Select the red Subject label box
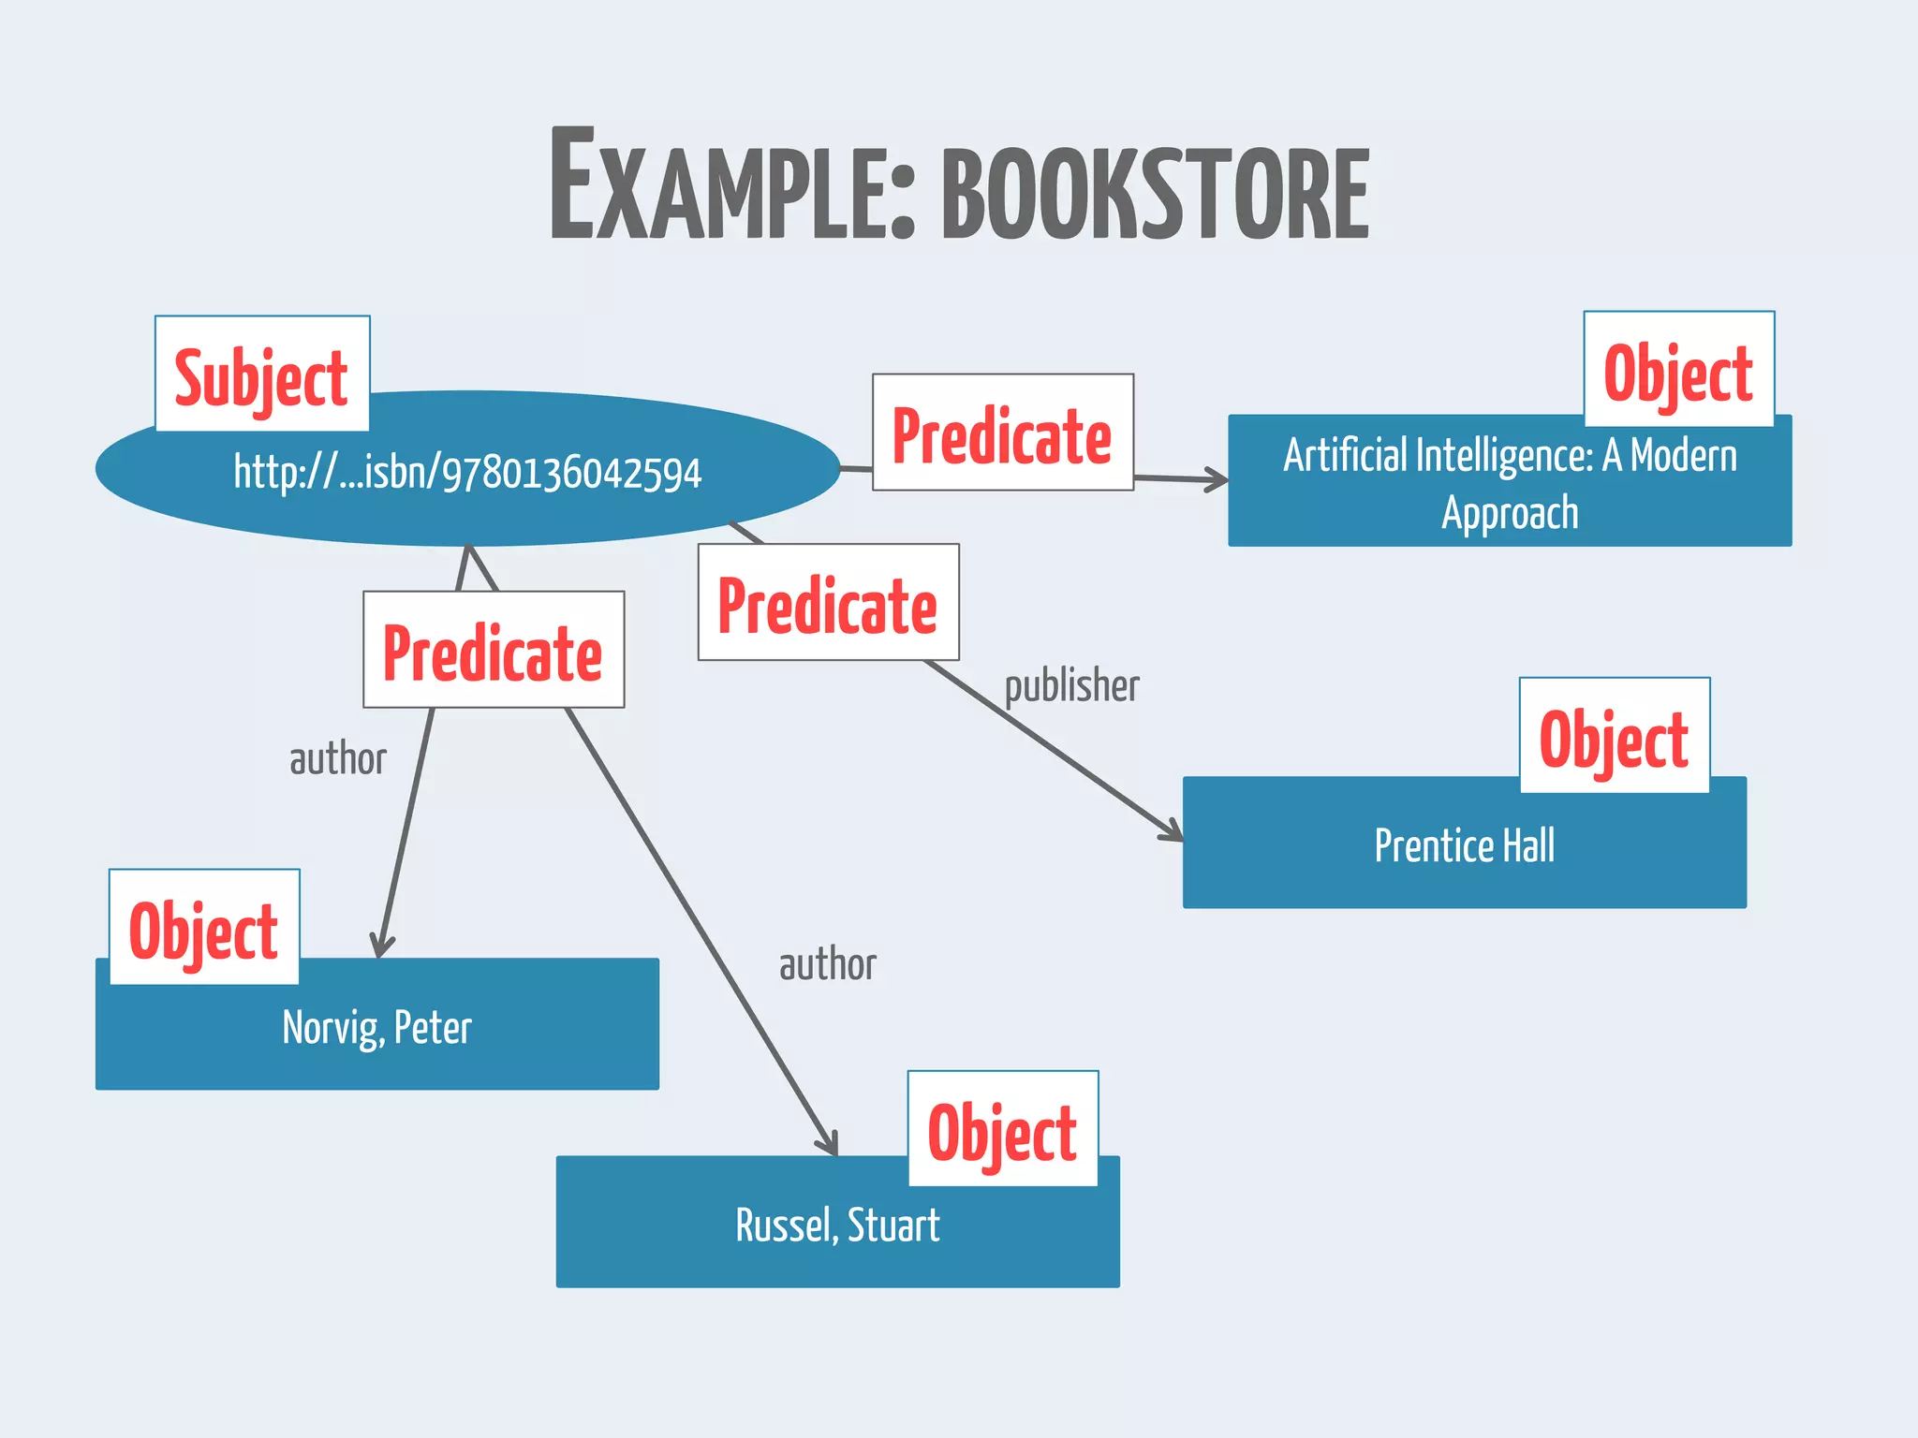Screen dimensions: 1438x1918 262,374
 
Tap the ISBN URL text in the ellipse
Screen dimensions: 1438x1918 467,473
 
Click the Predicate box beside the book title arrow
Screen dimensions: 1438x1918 1002,433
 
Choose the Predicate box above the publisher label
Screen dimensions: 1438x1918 828,603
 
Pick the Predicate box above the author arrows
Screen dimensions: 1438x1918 494,650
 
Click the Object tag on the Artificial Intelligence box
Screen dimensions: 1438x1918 1678,370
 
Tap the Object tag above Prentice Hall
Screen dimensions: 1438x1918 1614,736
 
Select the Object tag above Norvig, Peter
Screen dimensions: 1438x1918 204,928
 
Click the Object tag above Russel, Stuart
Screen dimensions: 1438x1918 1002,1129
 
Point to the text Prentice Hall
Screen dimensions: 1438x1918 1464,845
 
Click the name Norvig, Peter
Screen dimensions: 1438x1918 376,1027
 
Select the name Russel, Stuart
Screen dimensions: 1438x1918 837,1225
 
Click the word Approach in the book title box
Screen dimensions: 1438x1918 1510,513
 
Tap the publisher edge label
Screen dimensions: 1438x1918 1071,686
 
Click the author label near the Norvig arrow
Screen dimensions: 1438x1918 337,759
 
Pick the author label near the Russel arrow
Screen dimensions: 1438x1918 828,964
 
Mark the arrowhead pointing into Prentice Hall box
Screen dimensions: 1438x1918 1173,831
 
